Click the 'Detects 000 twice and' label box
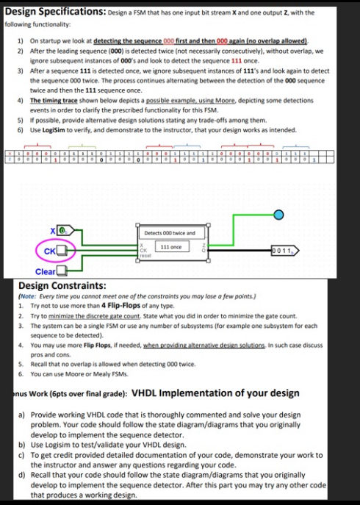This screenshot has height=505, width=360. pyautogui.click(x=170, y=232)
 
